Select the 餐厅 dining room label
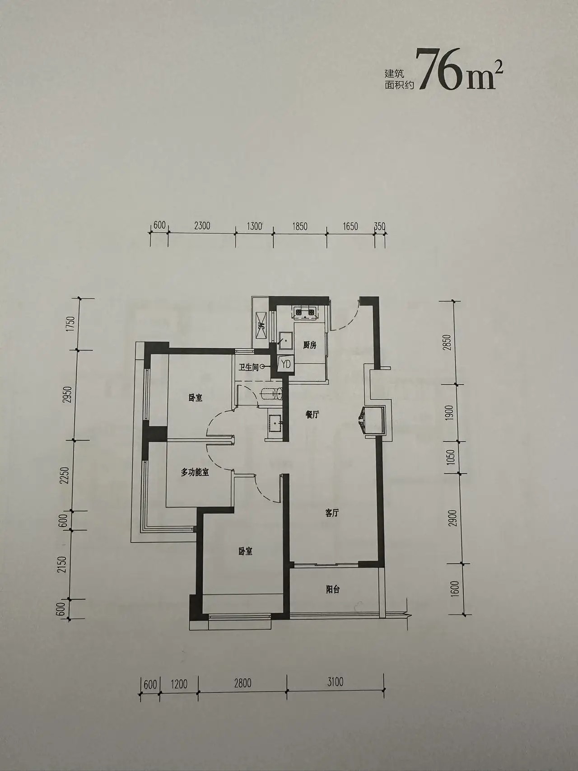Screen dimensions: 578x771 [312, 415]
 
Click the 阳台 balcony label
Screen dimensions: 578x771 [332, 589]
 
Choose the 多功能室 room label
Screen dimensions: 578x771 [195, 473]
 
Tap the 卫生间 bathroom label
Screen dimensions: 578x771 [249, 368]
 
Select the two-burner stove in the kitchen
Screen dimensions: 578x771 [305, 312]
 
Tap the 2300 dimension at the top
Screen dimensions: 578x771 [202, 225]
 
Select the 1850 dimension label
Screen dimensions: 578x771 [299, 226]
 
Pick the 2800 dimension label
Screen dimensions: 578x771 [242, 682]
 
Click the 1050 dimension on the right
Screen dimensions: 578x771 [454, 458]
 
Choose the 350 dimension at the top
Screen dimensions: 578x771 [380, 226]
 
